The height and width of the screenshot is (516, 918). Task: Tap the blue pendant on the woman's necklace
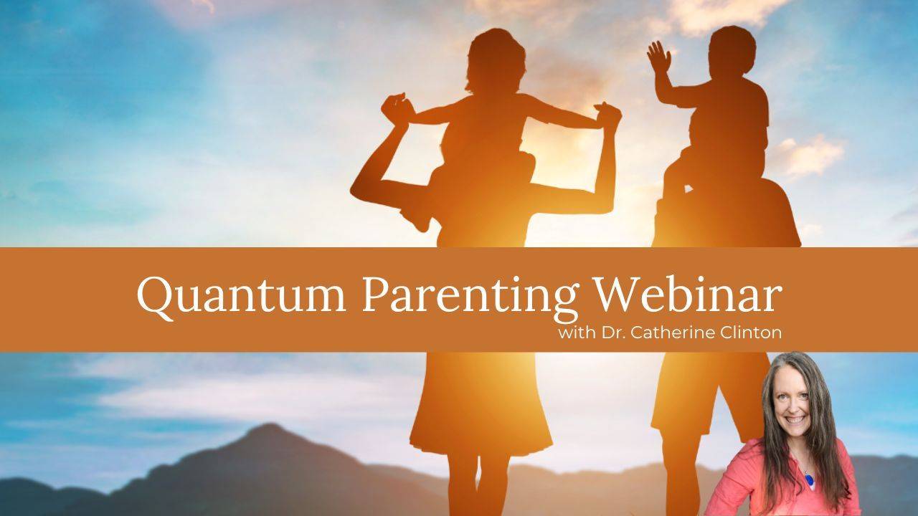[x=810, y=478]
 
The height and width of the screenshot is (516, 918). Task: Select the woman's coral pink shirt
[x=760, y=487]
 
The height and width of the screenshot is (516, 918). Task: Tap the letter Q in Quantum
[x=156, y=294]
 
